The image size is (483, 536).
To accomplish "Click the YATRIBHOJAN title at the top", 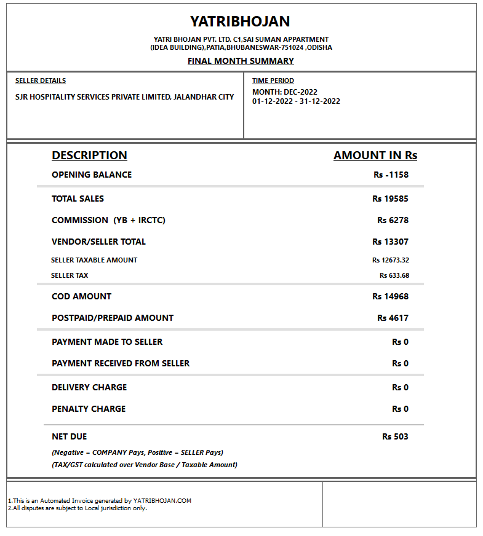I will tap(240, 22).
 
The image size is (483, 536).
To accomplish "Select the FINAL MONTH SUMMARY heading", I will tap(241, 61).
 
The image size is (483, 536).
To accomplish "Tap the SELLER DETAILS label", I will tap(41, 81).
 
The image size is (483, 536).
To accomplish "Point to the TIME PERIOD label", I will tap(273, 81).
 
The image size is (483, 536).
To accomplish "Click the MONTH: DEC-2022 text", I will tap(285, 92).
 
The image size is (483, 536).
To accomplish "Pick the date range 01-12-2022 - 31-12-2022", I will tap(296, 101).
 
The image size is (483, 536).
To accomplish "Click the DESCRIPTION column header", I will tap(89, 156).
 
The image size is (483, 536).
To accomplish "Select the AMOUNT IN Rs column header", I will tap(375, 156).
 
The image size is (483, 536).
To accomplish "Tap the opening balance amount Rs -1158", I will tap(391, 175).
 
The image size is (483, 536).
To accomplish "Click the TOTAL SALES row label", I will tap(78, 199).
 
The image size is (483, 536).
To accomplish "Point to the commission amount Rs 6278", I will tap(393, 220).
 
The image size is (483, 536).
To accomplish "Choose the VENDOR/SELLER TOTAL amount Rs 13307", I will tap(390, 242).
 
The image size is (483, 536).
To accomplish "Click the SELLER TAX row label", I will tap(70, 275).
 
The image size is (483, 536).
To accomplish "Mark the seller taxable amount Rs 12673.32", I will tap(390, 260).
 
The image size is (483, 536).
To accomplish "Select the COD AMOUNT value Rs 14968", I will tap(390, 296).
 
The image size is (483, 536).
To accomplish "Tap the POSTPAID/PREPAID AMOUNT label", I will tap(113, 318).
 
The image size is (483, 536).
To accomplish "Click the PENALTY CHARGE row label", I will tap(89, 409).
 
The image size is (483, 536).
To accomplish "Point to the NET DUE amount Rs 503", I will tap(395, 436).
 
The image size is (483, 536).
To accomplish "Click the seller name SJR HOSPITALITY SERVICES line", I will tap(124, 97).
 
